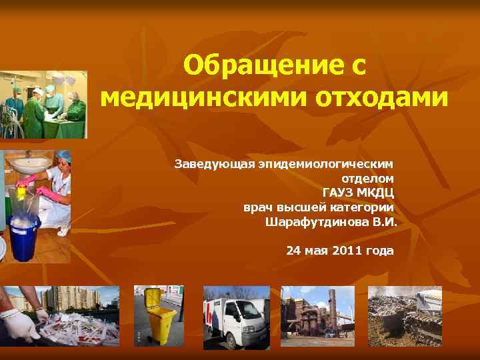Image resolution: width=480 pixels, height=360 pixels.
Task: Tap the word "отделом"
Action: click(x=368, y=178)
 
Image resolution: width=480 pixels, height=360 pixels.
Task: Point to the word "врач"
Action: click(x=257, y=207)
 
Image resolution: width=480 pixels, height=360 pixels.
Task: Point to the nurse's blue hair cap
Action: click(x=65, y=156)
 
